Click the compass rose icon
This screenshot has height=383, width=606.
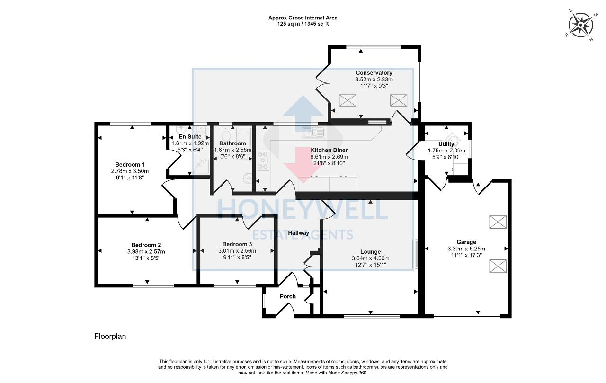point(581,24)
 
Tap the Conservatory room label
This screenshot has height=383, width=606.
point(374,73)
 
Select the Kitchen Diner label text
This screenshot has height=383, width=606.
point(329,150)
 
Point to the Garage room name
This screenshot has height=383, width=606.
point(466,242)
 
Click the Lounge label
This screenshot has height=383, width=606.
point(370,252)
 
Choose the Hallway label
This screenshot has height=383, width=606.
point(298,233)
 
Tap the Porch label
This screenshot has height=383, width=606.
point(288,296)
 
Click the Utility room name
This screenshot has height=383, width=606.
point(446,144)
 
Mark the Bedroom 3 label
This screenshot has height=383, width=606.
point(237,244)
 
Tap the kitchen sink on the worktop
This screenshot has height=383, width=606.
point(313,131)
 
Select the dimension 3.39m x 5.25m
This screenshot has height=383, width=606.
point(466,249)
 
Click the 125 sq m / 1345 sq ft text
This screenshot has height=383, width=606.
point(303,24)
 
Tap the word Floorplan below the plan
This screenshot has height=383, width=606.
point(110,337)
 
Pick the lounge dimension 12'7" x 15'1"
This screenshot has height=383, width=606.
point(370,265)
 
